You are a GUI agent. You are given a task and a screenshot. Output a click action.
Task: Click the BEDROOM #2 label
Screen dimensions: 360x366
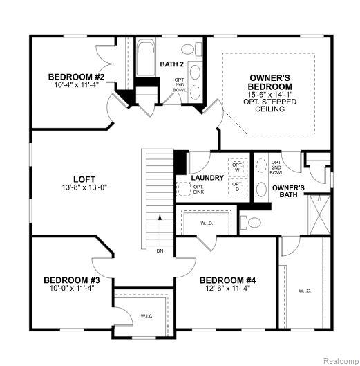point(76,77)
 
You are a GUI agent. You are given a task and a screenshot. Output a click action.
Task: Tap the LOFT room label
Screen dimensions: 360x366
point(84,179)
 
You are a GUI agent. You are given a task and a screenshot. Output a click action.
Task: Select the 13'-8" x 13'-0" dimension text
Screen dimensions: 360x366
point(84,187)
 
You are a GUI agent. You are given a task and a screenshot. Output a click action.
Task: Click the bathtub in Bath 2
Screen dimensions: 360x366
point(146,57)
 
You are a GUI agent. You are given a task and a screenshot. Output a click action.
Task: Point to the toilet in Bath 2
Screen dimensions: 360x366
point(191,49)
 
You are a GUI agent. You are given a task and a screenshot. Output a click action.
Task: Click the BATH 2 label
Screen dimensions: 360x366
point(171,64)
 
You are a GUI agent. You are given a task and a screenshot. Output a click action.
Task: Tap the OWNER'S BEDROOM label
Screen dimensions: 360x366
point(269,82)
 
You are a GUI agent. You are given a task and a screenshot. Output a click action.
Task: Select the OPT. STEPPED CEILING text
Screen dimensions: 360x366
point(269,105)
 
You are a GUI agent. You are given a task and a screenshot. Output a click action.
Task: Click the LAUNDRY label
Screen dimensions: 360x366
point(207,178)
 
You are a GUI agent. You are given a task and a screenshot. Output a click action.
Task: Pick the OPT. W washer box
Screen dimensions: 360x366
point(238,167)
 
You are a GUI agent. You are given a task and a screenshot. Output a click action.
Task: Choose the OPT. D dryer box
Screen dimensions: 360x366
point(238,187)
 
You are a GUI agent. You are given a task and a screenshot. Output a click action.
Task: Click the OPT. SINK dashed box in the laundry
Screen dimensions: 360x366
point(184,190)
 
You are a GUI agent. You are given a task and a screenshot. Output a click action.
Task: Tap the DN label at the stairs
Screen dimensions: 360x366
point(160,251)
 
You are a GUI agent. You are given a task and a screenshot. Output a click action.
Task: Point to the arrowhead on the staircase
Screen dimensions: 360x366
point(160,217)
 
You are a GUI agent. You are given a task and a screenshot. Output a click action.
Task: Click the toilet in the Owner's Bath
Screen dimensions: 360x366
point(251,223)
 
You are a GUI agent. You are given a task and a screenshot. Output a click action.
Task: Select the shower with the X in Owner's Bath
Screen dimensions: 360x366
point(320,215)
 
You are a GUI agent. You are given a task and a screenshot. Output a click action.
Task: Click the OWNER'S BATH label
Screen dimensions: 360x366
point(288,191)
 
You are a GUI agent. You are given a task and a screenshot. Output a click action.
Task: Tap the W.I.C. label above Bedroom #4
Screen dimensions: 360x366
point(207,223)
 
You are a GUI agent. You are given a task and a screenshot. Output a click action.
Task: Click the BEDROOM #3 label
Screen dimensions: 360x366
point(72,280)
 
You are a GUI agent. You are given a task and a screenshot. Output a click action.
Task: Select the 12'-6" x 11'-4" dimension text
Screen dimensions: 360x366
point(227,289)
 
